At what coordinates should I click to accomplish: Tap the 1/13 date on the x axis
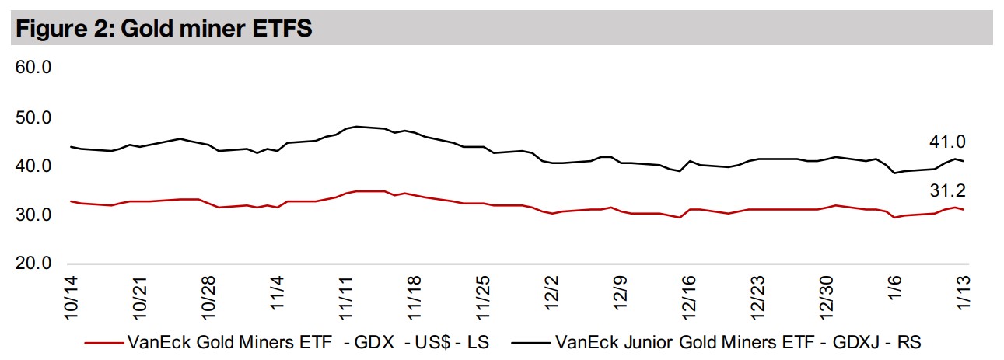963,298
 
